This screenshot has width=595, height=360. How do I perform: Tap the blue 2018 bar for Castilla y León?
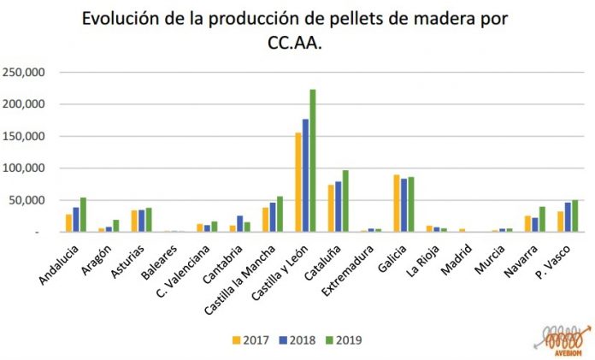point(305,175)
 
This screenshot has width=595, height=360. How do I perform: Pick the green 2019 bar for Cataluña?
point(345,201)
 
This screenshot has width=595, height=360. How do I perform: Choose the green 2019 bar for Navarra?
point(542,219)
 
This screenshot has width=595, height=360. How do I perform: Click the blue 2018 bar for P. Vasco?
point(568,217)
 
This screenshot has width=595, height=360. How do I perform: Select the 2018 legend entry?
point(297,339)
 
